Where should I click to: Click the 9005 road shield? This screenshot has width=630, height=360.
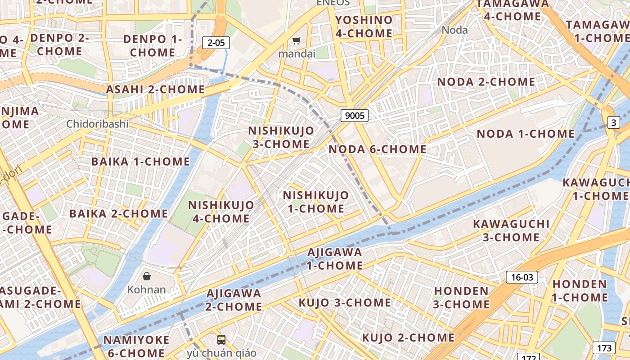pos(354,116)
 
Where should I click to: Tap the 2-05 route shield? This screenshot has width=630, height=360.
pos(216,43)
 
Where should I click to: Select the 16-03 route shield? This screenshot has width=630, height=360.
pos(522,277)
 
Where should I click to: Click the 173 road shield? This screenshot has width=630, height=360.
pos(604,347)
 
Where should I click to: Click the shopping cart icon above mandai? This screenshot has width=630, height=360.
pos(296,41)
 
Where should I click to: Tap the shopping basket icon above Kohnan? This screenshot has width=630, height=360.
pos(146,276)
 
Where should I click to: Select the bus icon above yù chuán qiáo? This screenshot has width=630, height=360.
pos(221,340)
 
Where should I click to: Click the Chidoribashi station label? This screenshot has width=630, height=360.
pos(97,124)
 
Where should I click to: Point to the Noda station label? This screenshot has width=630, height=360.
pos(454,30)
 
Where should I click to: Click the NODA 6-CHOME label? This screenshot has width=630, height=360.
pos(378,149)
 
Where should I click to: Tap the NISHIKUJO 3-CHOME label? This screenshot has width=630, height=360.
pos(281,137)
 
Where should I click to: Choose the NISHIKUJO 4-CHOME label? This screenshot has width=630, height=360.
pos(221,211)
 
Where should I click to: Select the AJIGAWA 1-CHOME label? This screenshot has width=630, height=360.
pos(335,259)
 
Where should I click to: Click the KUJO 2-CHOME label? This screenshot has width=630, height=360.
pos(408,337)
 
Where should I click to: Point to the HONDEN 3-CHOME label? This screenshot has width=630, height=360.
pos(461,297)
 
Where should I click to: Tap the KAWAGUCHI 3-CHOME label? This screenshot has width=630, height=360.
pos(511,230)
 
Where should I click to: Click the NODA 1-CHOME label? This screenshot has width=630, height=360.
pos(526,134)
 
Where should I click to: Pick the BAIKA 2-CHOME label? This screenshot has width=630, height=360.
pos(118,214)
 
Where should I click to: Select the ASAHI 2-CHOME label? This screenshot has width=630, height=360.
pos(155,89)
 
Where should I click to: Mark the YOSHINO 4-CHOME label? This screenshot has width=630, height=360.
pos(364,27)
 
